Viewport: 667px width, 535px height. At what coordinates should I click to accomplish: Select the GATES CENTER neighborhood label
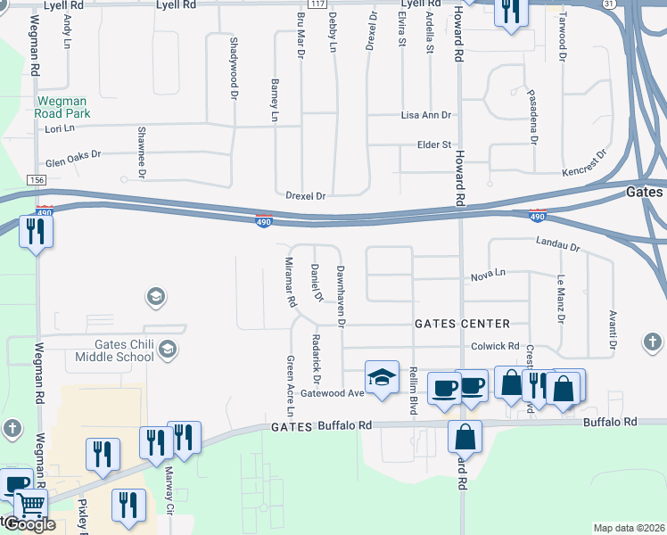point(462,324)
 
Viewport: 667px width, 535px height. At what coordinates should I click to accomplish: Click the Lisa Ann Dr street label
point(426,116)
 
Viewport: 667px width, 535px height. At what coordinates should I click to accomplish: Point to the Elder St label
point(435,144)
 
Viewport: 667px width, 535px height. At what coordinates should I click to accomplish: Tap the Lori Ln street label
point(60,129)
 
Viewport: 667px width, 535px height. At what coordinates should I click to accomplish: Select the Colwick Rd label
point(495,346)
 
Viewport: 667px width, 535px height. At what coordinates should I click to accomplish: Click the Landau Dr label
point(558,244)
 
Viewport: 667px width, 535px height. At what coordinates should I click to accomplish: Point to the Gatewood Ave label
point(333,393)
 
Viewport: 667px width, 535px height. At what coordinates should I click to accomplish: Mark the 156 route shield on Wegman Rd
point(37,180)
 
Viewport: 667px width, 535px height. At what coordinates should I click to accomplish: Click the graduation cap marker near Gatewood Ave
point(382,376)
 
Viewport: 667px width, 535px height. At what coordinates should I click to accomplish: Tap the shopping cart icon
point(30,506)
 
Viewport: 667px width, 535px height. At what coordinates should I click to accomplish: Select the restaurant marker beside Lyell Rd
point(510,12)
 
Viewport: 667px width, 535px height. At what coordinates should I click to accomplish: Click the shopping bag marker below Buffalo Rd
point(465,437)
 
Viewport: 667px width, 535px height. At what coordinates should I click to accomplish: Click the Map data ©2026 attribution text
point(629,528)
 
